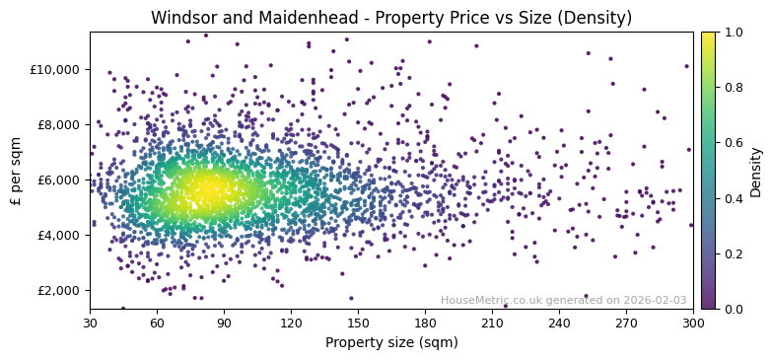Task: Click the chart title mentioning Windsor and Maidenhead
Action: point(391,18)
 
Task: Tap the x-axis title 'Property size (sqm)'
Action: point(391,343)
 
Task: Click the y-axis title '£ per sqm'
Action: point(16,171)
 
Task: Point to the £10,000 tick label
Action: point(56,69)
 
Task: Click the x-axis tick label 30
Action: point(90,323)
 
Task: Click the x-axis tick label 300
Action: point(693,323)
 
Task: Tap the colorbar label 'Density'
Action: point(756,171)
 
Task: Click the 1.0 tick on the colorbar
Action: point(734,32)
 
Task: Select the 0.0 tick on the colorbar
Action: point(734,309)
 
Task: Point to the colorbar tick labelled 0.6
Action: point(734,143)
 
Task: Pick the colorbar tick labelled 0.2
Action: point(734,253)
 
